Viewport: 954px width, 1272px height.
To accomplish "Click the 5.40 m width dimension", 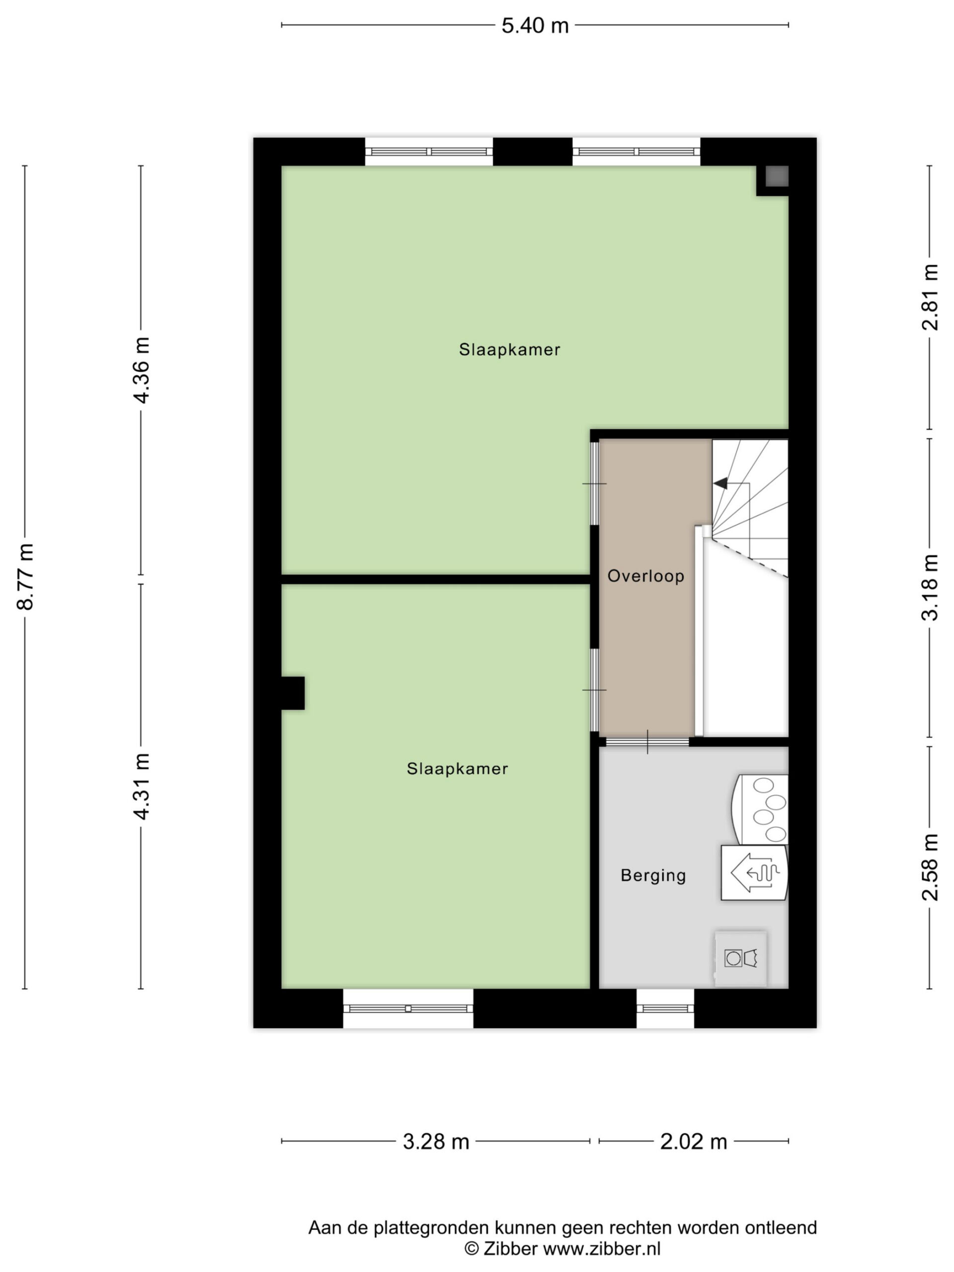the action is coord(534,26).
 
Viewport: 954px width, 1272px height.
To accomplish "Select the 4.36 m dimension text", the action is coord(141,370).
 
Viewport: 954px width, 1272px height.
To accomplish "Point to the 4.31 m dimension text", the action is coord(141,786).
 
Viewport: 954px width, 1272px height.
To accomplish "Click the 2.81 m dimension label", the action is coord(930,297).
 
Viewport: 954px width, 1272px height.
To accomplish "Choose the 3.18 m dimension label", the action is coord(930,587).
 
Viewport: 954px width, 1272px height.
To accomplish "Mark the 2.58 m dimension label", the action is coord(930,867).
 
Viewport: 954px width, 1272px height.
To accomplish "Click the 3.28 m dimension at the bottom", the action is coord(436,1141).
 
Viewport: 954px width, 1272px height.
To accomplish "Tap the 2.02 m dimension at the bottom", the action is coord(694,1141).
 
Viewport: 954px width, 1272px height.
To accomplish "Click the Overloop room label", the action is coord(646,576).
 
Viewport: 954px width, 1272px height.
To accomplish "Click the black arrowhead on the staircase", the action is coord(720,483).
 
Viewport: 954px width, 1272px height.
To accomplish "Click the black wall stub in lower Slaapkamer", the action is coord(293,693).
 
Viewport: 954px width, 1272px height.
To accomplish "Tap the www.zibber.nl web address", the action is coord(602,1249).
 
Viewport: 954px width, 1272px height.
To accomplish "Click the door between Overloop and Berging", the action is coord(647,742).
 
